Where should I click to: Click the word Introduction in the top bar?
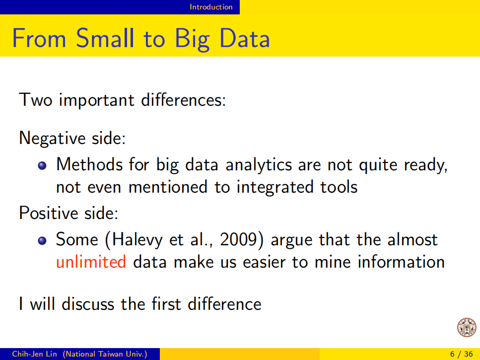pyautogui.click(x=211, y=7)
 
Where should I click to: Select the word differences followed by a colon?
pyautogui.click(x=183, y=100)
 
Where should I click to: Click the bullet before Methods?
pyautogui.click(x=42, y=166)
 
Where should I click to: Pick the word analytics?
pyautogui.click(x=259, y=165)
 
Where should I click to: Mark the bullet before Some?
pyautogui.click(x=42, y=241)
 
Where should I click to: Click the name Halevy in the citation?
pyautogui.click(x=137, y=239)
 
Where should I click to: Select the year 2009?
pyautogui.click(x=238, y=239)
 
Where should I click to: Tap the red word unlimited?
pyautogui.click(x=91, y=262)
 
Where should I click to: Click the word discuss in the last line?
pyautogui.click(x=87, y=304)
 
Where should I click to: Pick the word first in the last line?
pyautogui.click(x=166, y=304)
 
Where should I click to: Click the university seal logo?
pyautogui.click(x=467, y=327)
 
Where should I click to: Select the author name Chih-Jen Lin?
pyautogui.click(x=34, y=354)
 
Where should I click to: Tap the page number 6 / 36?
pyautogui.click(x=461, y=354)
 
